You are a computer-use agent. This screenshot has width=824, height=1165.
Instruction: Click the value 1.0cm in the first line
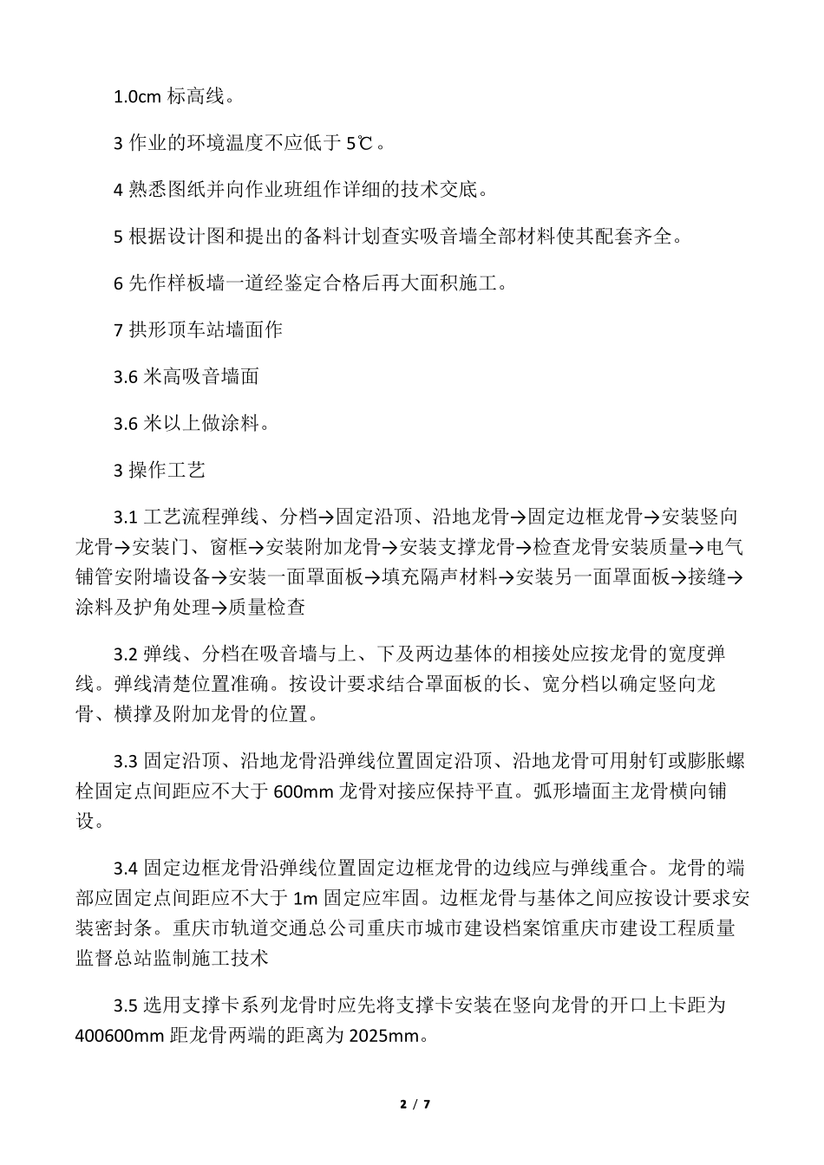coord(137,96)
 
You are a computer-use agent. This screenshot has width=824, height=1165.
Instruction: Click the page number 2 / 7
coord(415,1104)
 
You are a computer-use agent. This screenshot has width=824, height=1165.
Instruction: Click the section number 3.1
coord(126,518)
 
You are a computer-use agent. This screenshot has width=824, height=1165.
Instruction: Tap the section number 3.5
coord(126,1006)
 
